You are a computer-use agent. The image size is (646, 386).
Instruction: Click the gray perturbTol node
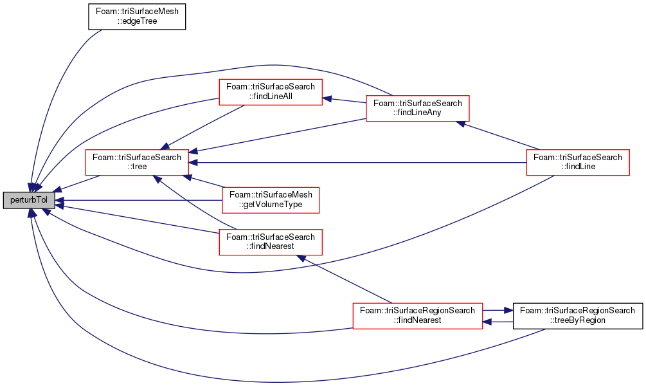29,200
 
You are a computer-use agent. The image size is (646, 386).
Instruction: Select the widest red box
417,316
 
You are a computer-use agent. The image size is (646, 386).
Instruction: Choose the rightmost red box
577,163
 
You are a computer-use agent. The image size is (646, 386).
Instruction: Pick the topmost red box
270,92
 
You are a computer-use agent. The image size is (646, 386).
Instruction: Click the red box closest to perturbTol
136,163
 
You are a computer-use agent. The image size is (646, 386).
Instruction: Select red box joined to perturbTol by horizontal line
271,200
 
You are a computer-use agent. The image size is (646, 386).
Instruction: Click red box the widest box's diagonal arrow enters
270,243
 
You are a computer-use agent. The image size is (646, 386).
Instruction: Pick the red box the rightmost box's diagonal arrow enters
417,109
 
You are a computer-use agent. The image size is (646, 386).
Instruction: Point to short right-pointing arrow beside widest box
508,310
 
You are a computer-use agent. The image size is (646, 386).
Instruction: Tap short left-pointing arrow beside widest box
487,321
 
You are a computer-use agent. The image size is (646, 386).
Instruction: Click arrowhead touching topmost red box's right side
327,99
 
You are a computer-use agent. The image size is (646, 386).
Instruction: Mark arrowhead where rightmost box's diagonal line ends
461,123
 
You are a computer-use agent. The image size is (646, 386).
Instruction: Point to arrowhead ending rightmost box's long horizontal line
193,163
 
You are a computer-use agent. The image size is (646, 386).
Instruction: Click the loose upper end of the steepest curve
102,30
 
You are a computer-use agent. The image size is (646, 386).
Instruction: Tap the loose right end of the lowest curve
545,329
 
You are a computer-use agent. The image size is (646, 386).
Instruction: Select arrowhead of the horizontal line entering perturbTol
59,200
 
